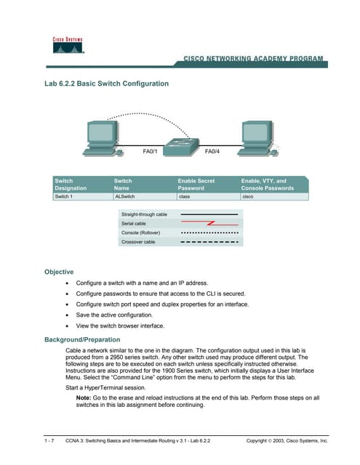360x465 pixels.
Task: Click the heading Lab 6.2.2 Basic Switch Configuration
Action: point(107,84)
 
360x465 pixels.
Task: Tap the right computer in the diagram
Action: point(255,136)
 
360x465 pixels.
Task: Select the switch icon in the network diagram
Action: point(179,145)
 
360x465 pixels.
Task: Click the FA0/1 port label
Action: point(151,152)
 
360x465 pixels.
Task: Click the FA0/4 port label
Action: point(212,152)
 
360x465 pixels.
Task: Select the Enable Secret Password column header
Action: point(196,184)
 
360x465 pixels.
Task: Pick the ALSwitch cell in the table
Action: point(125,196)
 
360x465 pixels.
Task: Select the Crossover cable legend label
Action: point(139,241)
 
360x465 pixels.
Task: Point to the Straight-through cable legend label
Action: point(144,214)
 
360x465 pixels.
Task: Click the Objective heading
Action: point(59,272)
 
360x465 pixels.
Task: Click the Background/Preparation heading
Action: point(82,339)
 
